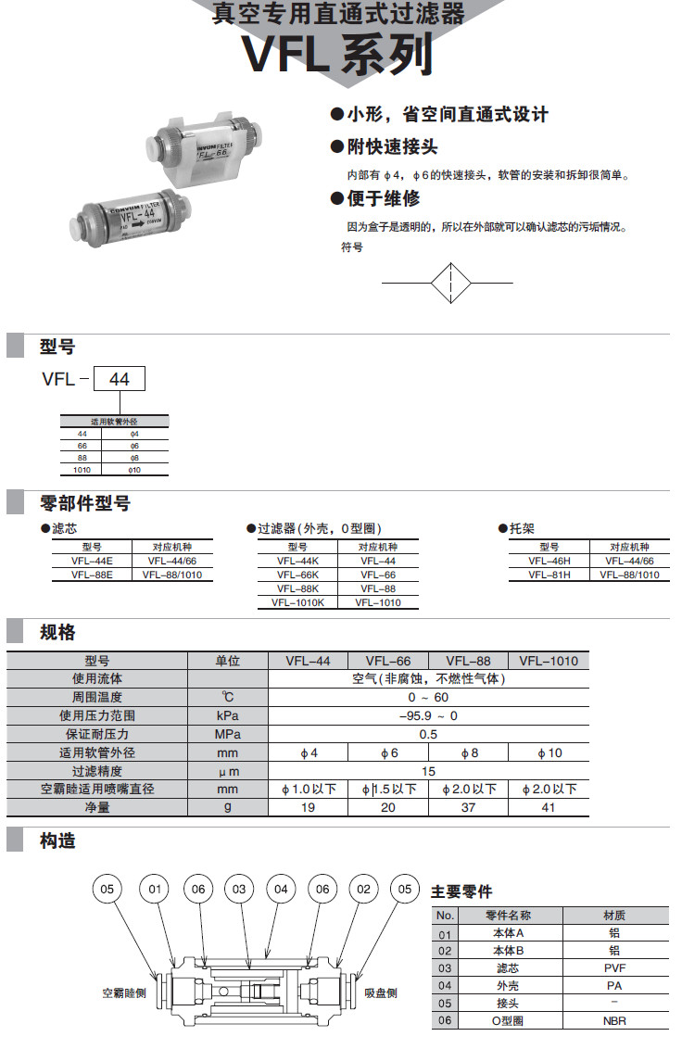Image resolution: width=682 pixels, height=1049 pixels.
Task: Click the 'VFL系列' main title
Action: [338, 54]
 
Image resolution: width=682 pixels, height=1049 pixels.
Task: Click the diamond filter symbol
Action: [448, 282]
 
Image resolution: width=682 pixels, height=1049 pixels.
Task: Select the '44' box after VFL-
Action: [120, 379]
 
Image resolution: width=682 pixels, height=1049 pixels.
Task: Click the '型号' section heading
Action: [57, 347]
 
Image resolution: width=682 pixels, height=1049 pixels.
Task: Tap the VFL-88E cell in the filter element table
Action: [92, 575]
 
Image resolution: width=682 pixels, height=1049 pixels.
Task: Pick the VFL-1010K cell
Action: [297, 602]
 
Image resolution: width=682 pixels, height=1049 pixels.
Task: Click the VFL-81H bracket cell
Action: [549, 575]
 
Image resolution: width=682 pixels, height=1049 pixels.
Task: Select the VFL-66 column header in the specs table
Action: [388, 661]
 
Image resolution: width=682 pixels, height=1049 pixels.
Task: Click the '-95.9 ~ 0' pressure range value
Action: [428, 716]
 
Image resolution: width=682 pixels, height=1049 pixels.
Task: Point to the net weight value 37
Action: [468, 808]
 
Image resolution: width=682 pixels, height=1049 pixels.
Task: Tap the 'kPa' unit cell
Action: [228, 716]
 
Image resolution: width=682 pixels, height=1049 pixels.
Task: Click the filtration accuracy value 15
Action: [428, 771]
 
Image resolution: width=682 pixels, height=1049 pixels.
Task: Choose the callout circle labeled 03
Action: [238, 890]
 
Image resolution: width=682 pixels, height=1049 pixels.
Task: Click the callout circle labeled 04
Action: [280, 890]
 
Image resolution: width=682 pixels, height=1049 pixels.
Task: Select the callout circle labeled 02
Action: [363, 890]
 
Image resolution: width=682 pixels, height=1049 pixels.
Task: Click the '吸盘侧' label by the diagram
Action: [380, 992]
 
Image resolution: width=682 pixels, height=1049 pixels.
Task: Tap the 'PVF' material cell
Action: [614, 968]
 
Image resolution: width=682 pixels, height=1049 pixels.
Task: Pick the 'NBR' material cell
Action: [614, 1021]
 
